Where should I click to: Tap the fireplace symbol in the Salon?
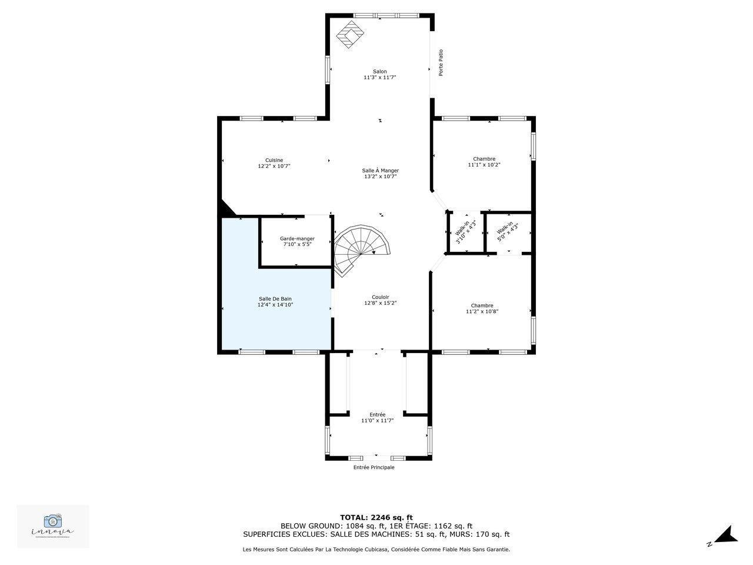click(350, 35)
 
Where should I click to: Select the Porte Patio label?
click(441, 62)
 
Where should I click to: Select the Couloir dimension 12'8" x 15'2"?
click(380, 303)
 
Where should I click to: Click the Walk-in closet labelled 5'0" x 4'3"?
click(507, 232)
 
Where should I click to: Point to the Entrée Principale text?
click(374, 467)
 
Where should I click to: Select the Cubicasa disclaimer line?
click(376, 550)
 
